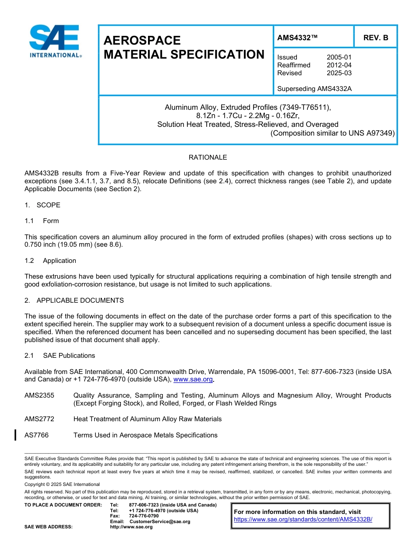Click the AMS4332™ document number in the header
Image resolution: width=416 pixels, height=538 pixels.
click(297, 38)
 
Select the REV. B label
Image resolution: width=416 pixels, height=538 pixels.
click(375, 38)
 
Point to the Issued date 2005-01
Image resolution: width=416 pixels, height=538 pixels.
click(339, 57)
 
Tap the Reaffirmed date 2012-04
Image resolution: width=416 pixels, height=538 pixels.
click(339, 65)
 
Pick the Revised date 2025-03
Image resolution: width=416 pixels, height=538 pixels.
click(339, 73)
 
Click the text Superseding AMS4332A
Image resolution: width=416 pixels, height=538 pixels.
click(314, 89)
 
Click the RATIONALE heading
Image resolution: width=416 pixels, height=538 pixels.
click(208, 157)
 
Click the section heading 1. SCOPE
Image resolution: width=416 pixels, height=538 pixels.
click(42, 205)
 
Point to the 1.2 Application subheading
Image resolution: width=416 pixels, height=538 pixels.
click(50, 261)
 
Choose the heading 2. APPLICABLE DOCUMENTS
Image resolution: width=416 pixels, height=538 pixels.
click(74, 300)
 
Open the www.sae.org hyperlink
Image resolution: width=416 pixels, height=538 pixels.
click(193, 380)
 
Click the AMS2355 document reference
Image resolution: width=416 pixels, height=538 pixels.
click(39, 395)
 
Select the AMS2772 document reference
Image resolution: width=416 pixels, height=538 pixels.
click(39, 419)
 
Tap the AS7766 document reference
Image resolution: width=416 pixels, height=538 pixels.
click(37, 435)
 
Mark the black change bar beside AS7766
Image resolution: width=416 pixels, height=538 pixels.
click(15, 435)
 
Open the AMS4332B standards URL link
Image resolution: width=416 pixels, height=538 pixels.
click(303, 520)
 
